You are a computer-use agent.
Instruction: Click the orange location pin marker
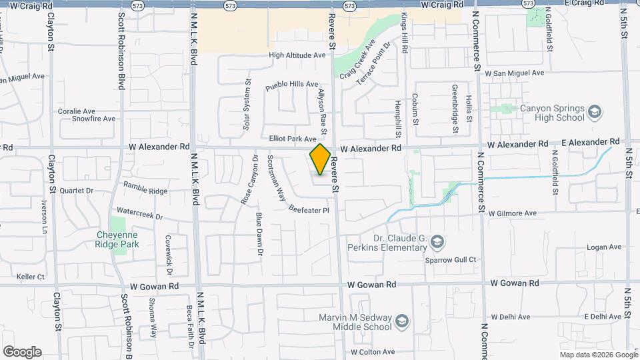pos(320,159)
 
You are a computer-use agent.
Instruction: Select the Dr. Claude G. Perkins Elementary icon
pos(437,241)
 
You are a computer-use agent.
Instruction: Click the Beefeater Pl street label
pos(309,209)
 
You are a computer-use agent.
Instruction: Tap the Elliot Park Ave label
pos(292,139)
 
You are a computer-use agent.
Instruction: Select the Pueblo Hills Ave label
pos(292,85)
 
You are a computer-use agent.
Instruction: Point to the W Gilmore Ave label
pos(512,213)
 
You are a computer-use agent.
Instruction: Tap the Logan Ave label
pos(603,247)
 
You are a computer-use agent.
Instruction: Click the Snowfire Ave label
pos(93,119)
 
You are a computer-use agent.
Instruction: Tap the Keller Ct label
pos(30,277)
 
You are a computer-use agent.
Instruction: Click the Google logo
pos(22,352)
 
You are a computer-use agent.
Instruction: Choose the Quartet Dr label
pos(75,189)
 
